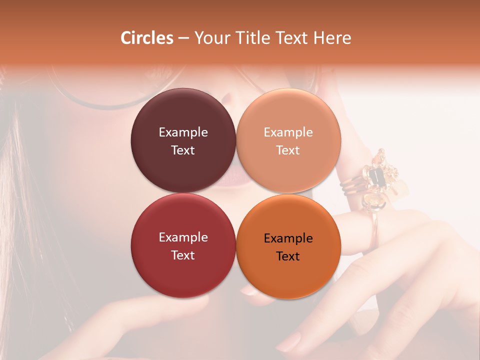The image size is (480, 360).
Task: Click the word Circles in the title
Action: (x=146, y=38)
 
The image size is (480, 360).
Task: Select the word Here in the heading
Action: (x=332, y=38)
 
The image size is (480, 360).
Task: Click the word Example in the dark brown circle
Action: (x=183, y=132)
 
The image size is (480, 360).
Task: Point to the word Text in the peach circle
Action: (x=288, y=150)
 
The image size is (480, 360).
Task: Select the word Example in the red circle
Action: (x=183, y=237)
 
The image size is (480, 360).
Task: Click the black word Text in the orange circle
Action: (x=288, y=256)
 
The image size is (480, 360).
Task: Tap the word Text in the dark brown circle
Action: (x=183, y=150)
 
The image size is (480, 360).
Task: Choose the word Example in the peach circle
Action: (x=288, y=132)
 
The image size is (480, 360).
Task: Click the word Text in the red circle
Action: (x=183, y=255)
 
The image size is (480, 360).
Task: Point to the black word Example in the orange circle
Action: (x=288, y=238)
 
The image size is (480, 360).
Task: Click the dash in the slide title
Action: (x=183, y=38)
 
